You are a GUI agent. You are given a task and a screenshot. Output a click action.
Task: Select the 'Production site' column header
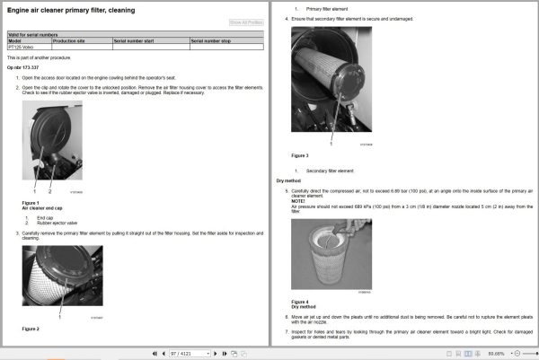coord(69,41)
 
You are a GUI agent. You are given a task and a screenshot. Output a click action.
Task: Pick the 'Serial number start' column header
coord(135,41)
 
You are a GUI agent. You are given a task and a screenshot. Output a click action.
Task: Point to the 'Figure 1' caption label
coord(31,203)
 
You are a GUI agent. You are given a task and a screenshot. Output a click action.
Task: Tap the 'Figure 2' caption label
coord(31,329)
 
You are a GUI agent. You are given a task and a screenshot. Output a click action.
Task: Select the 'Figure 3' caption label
coord(300,154)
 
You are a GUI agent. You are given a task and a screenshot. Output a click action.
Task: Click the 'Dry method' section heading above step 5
coord(287,180)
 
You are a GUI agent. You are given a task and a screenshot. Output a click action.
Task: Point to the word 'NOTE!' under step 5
coord(298,201)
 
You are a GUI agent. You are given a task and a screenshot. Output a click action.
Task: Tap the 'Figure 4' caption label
coord(300,301)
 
